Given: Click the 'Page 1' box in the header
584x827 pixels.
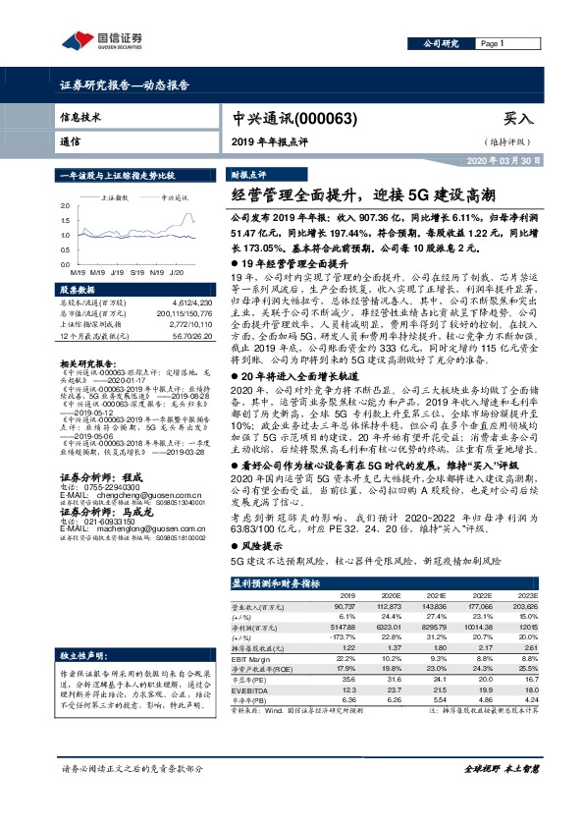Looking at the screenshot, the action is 493,44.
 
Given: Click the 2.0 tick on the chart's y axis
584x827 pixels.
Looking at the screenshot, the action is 65,205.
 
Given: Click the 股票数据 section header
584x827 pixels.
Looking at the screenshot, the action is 77,292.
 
